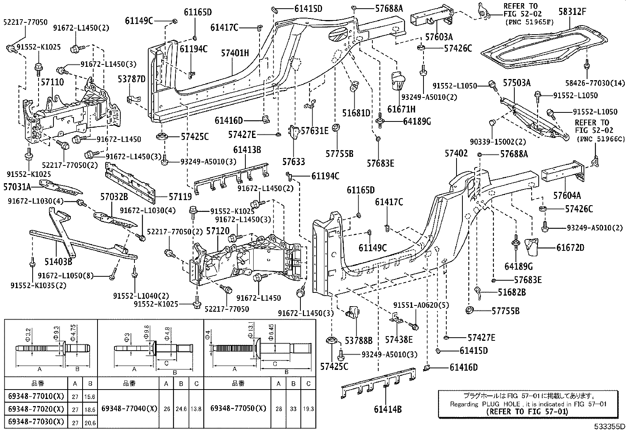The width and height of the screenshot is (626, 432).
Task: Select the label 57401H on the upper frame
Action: [235, 52]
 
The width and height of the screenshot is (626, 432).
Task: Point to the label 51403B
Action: [59, 261]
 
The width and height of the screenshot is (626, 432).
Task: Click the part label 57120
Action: [217, 231]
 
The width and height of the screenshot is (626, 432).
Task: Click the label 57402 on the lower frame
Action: [456, 154]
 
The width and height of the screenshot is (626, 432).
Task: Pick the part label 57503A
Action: [517, 83]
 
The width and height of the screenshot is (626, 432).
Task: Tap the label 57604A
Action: [567, 195]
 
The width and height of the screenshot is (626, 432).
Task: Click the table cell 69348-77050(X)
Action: [238, 409]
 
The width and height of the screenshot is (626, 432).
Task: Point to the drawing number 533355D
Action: [609, 426]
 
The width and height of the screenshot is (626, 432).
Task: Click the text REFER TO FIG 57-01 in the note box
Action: [527, 412]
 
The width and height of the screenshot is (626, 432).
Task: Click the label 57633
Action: [293, 161]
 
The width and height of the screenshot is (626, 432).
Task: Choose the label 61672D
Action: [570, 248]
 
